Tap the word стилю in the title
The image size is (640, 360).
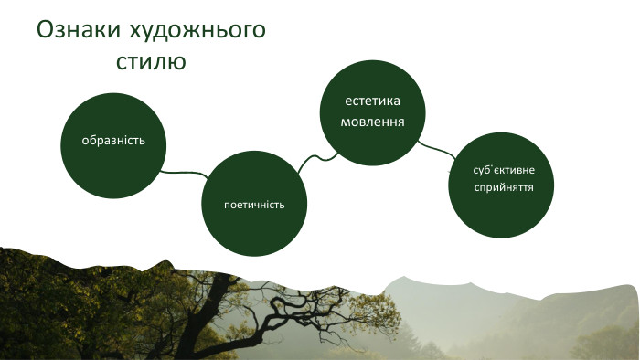click(x=152, y=62)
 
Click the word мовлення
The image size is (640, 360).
click(x=373, y=121)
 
